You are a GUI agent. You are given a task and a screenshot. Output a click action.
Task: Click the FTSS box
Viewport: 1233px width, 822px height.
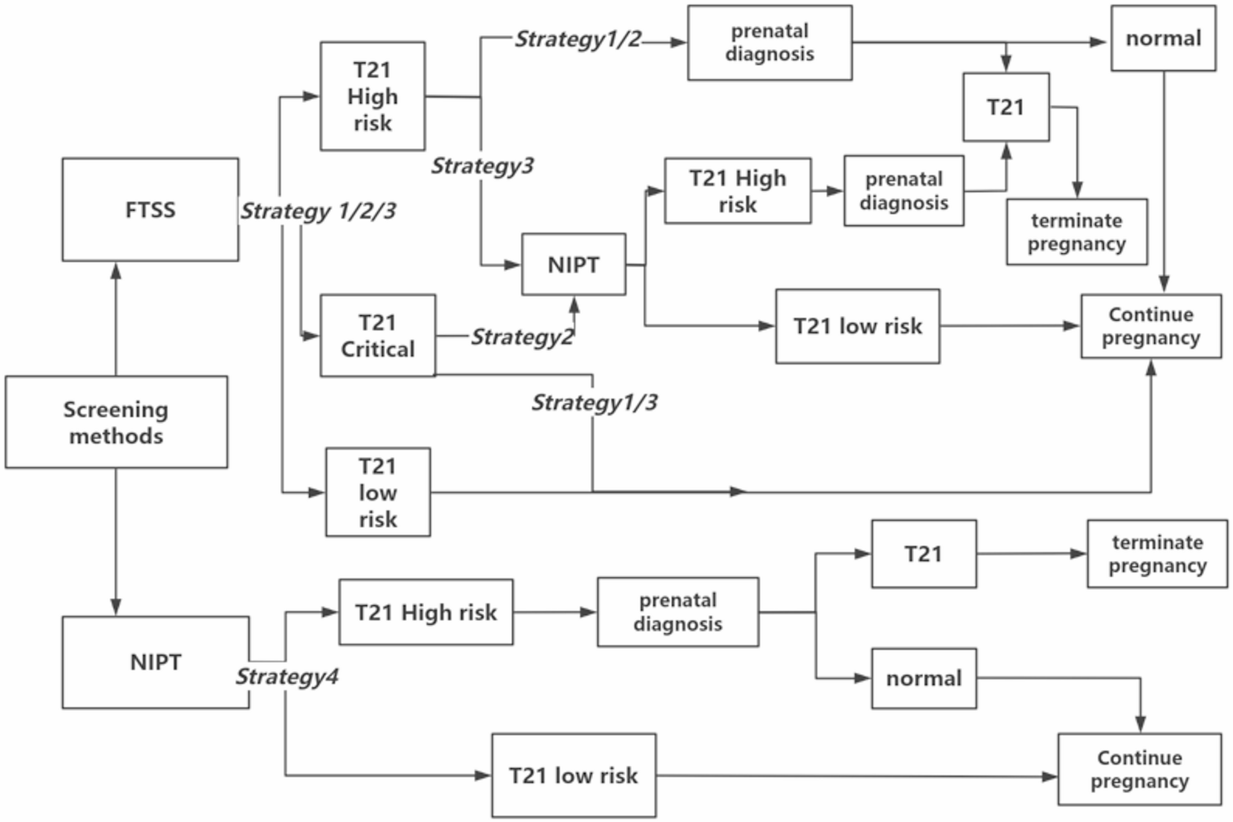click(x=150, y=209)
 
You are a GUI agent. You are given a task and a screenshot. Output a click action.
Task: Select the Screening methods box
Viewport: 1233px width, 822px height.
click(x=116, y=422)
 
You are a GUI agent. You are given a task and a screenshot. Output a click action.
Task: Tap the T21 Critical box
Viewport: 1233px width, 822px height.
click(x=378, y=335)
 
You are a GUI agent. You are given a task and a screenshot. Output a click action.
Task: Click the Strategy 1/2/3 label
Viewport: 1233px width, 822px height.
click(x=317, y=211)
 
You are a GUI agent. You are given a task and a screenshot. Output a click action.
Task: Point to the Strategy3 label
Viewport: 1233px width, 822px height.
click(x=482, y=166)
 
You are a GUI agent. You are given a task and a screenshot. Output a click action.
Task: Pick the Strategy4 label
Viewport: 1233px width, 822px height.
click(x=287, y=677)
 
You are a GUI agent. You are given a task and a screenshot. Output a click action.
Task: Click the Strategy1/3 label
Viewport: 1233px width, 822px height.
click(x=594, y=403)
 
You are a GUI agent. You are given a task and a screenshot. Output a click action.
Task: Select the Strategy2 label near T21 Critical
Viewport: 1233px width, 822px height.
click(x=522, y=336)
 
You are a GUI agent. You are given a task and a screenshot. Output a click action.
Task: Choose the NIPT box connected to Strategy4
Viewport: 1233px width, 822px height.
click(x=155, y=662)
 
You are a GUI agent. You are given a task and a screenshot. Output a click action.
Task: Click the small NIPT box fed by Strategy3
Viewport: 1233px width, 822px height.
click(x=574, y=265)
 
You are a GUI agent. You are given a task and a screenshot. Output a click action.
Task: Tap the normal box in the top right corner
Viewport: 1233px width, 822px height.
click(x=1163, y=39)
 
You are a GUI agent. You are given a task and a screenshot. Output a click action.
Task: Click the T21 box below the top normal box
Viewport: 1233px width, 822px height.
click(x=1006, y=107)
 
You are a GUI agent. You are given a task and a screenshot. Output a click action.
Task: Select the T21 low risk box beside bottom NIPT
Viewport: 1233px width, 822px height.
click(x=574, y=775)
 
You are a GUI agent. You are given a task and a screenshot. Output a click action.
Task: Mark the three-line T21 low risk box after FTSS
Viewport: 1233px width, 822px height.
click(x=378, y=492)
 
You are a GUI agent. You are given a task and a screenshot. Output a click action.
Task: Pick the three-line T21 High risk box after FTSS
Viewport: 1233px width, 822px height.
click(x=372, y=96)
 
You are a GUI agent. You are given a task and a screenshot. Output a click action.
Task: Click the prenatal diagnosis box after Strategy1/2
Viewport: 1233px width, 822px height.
click(x=769, y=43)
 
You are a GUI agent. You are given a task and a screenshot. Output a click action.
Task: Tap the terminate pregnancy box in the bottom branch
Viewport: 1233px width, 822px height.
click(x=1157, y=554)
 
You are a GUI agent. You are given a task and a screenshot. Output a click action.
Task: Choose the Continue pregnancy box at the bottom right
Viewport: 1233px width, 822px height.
click(x=1139, y=769)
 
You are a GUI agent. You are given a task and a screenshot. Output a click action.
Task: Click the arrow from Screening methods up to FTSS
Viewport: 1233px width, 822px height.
click(x=116, y=319)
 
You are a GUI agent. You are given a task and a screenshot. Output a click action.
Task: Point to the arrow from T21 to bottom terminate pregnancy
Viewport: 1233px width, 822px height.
click(x=1032, y=554)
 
